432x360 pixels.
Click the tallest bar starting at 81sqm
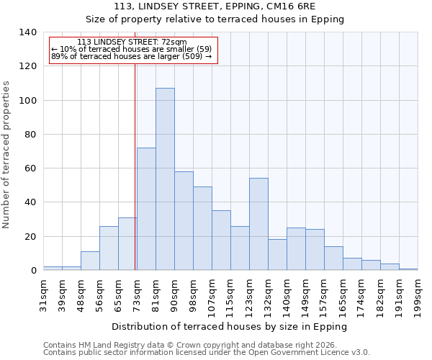(165, 179)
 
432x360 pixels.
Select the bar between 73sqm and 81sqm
(146, 209)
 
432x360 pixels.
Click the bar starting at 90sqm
(184, 221)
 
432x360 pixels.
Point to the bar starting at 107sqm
(221, 240)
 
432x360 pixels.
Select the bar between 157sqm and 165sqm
(333, 258)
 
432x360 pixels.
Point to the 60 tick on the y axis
(31, 168)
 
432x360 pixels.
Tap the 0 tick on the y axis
(33, 271)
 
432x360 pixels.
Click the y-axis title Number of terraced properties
(6, 154)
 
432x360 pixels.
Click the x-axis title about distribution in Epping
(230, 326)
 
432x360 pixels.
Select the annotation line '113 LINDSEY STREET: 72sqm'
(132, 42)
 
